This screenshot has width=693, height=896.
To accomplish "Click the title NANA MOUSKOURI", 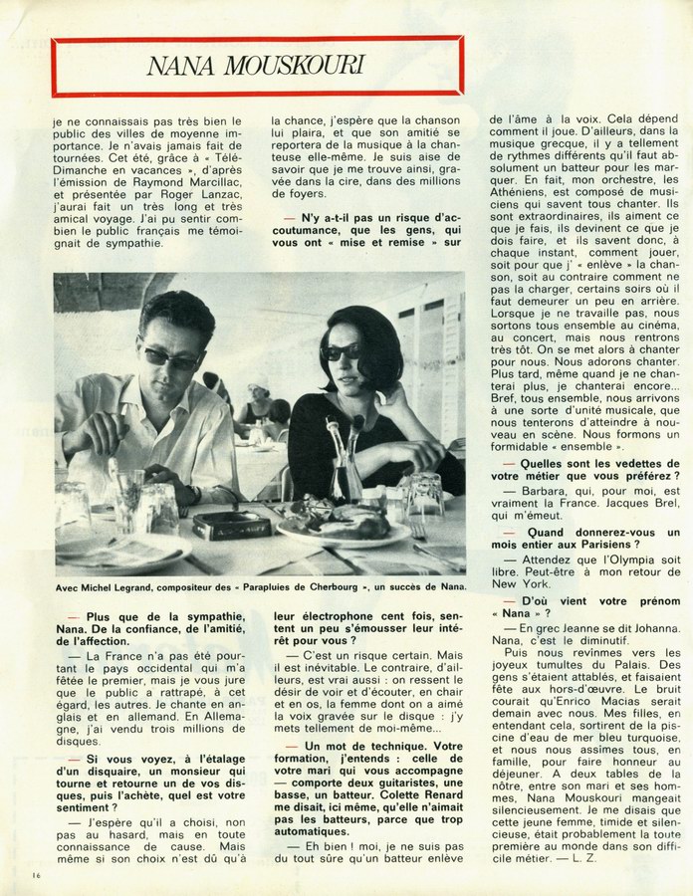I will point(255,66).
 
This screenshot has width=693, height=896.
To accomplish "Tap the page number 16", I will point(22,875).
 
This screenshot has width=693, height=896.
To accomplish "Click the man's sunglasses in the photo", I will point(170,356).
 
